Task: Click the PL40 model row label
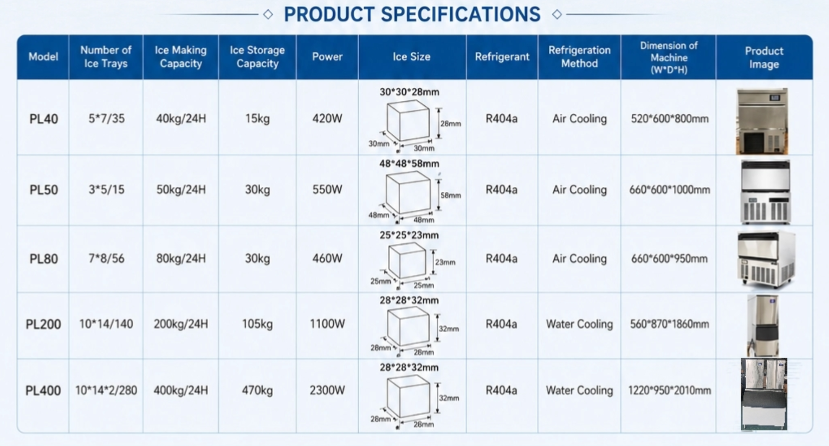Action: pos(44,119)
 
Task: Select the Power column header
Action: pos(327,56)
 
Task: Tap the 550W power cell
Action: pos(327,190)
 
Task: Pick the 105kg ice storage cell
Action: pos(257,324)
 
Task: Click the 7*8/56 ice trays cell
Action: pos(106,258)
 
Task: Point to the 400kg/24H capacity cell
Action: pos(180,390)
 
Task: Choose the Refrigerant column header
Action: pos(502,56)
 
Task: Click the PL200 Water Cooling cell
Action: pos(579,324)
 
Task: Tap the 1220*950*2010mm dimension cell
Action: pos(670,390)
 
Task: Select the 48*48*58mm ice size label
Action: pos(409,164)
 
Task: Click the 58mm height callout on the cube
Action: pos(450,195)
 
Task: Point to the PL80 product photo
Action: pos(766,259)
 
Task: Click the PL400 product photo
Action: pos(764,394)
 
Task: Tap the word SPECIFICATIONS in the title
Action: pos(461,15)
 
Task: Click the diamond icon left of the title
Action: pos(268,15)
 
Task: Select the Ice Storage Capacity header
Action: pos(257,56)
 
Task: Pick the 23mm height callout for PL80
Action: pos(445,262)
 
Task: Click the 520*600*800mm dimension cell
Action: pos(670,119)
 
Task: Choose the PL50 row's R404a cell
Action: pos(502,190)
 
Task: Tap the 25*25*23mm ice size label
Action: pos(409,235)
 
